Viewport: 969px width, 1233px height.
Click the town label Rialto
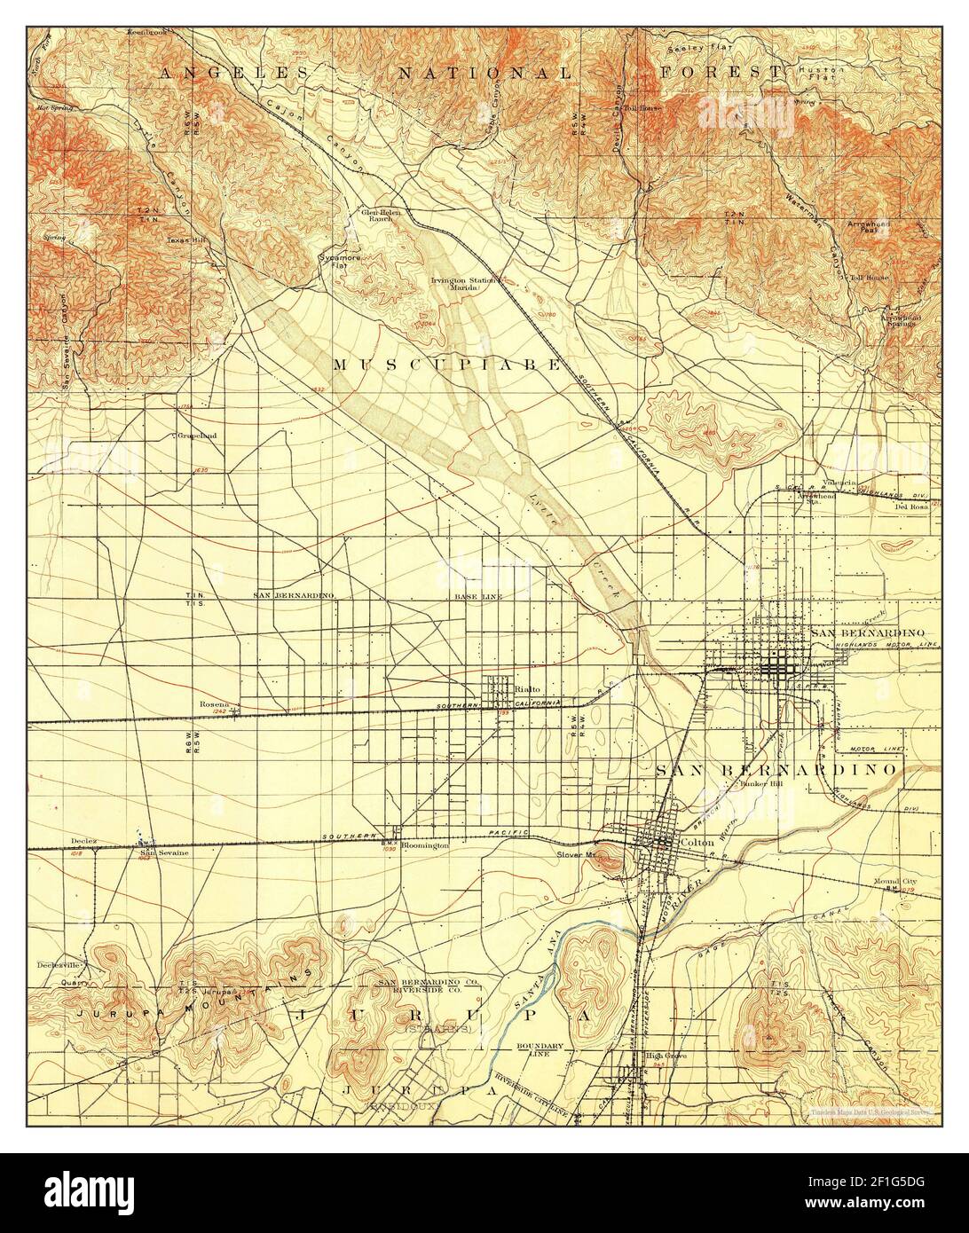point(528,688)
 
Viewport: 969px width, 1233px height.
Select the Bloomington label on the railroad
point(424,846)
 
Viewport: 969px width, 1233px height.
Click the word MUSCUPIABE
point(447,365)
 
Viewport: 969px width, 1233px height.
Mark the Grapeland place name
point(196,436)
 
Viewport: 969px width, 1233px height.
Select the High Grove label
point(667,1056)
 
